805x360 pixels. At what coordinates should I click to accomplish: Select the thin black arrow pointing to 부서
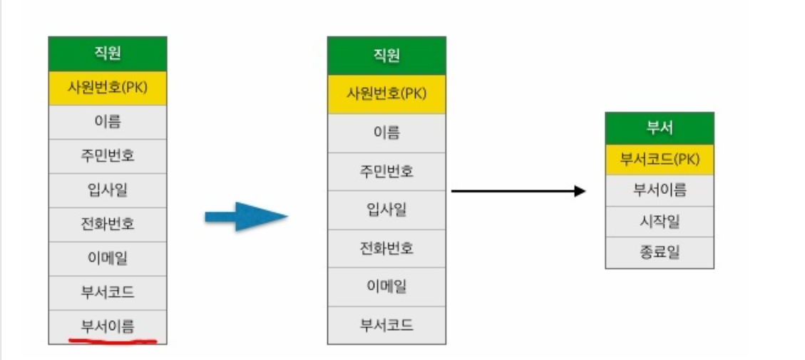pyautogui.click(x=518, y=191)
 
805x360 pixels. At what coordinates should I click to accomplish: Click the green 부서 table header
pyautogui.click(x=659, y=129)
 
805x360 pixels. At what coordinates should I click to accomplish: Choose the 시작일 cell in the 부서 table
pyautogui.click(x=659, y=221)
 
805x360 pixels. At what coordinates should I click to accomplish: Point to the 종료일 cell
pyautogui.click(x=659, y=252)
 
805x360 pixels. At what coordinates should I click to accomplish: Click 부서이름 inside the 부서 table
pyautogui.click(x=659, y=190)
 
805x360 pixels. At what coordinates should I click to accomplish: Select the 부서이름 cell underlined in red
pyautogui.click(x=108, y=326)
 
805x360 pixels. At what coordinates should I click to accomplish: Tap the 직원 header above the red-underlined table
pyautogui.click(x=108, y=53)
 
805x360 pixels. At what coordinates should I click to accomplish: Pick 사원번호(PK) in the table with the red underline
pyautogui.click(x=108, y=88)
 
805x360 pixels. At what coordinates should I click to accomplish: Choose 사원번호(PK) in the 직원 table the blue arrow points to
pyautogui.click(x=386, y=94)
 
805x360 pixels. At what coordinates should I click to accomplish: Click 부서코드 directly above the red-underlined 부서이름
pyautogui.click(x=108, y=292)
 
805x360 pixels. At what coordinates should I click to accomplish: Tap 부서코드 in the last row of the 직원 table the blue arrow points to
pyautogui.click(x=386, y=326)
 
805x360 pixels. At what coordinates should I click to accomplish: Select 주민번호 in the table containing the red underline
pyautogui.click(x=108, y=155)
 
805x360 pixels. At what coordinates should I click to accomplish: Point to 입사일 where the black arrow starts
pyautogui.click(x=386, y=210)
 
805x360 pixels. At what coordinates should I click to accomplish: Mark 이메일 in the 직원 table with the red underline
pyautogui.click(x=108, y=258)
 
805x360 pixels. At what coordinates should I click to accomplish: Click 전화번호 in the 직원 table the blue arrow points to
pyautogui.click(x=386, y=249)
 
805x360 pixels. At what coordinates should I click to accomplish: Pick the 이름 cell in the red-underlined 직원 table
pyautogui.click(x=108, y=122)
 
